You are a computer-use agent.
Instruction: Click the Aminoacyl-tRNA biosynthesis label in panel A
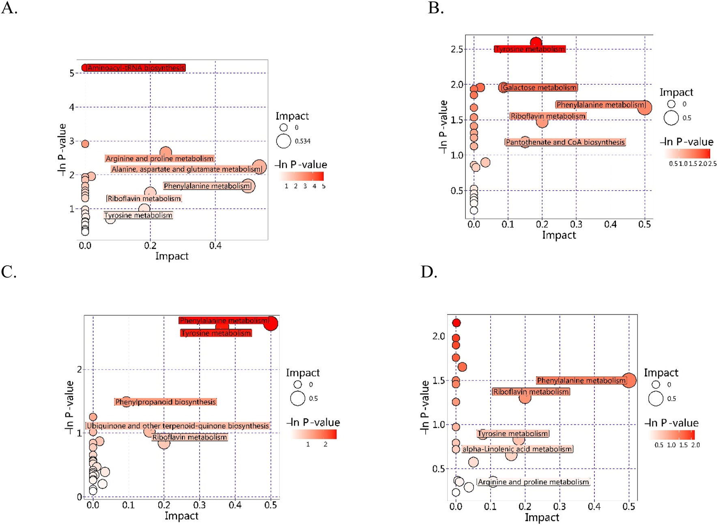pyautogui.click(x=136, y=68)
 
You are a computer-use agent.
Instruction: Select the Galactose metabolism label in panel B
pyautogui.click(x=539, y=88)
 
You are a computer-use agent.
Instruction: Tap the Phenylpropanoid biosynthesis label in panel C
pyautogui.click(x=165, y=402)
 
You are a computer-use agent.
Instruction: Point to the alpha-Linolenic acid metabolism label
pyautogui.click(x=517, y=449)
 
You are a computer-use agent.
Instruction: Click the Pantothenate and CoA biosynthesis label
pyautogui.click(x=565, y=142)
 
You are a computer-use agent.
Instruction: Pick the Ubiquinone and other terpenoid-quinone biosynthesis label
pyautogui.click(x=178, y=426)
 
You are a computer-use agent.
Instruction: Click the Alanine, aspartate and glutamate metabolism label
pyautogui.click(x=186, y=169)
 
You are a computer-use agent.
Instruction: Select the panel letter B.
pyautogui.click(x=435, y=8)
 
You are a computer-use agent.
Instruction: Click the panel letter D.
pyautogui.click(x=428, y=272)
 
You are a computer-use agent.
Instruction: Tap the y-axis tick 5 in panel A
pyautogui.click(x=72, y=73)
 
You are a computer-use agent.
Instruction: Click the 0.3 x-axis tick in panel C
pyautogui.click(x=199, y=505)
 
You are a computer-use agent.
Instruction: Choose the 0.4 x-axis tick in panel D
pyautogui.click(x=594, y=506)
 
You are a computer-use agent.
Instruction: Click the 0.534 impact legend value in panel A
pyautogui.click(x=302, y=141)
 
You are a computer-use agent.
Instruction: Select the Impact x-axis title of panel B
pyautogui.click(x=559, y=235)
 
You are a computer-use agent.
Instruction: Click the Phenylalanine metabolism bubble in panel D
pyautogui.click(x=629, y=380)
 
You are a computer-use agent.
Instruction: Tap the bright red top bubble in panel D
pyautogui.click(x=456, y=323)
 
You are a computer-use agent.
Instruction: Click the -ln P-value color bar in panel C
pyautogui.click(x=313, y=434)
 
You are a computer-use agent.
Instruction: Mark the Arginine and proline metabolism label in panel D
pyautogui.click(x=533, y=482)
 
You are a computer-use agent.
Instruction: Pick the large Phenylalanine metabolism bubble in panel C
pyautogui.click(x=271, y=323)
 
